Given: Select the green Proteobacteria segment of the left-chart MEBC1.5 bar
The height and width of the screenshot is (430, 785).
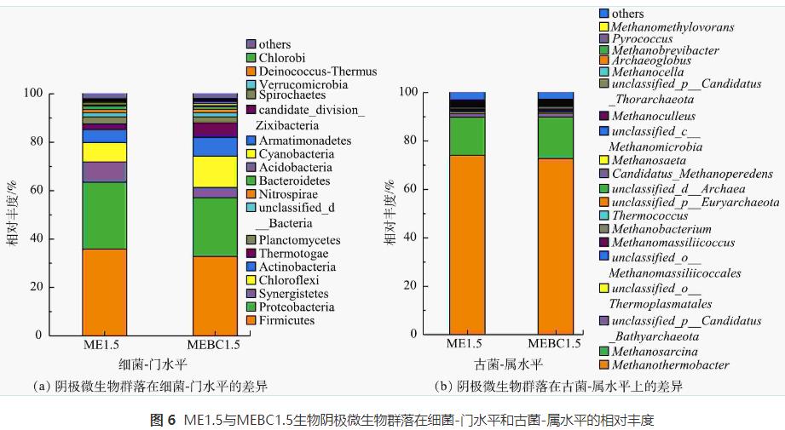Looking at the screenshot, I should [215, 226].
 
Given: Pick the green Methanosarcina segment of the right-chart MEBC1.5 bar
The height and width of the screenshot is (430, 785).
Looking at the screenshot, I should [555, 137].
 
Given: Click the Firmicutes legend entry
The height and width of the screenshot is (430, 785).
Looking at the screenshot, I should [287, 320].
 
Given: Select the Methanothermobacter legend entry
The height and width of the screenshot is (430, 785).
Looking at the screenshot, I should [670, 365].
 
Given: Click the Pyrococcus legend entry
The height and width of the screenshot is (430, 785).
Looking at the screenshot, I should [645, 39].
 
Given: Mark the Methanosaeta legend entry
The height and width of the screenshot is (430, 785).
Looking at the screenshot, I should [646, 159].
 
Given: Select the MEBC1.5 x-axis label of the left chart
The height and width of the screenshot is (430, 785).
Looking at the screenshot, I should [214, 346].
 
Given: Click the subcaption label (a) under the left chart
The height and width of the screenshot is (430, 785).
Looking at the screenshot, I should [38, 387].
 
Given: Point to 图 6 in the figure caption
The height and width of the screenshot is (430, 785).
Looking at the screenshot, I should [162, 421].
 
